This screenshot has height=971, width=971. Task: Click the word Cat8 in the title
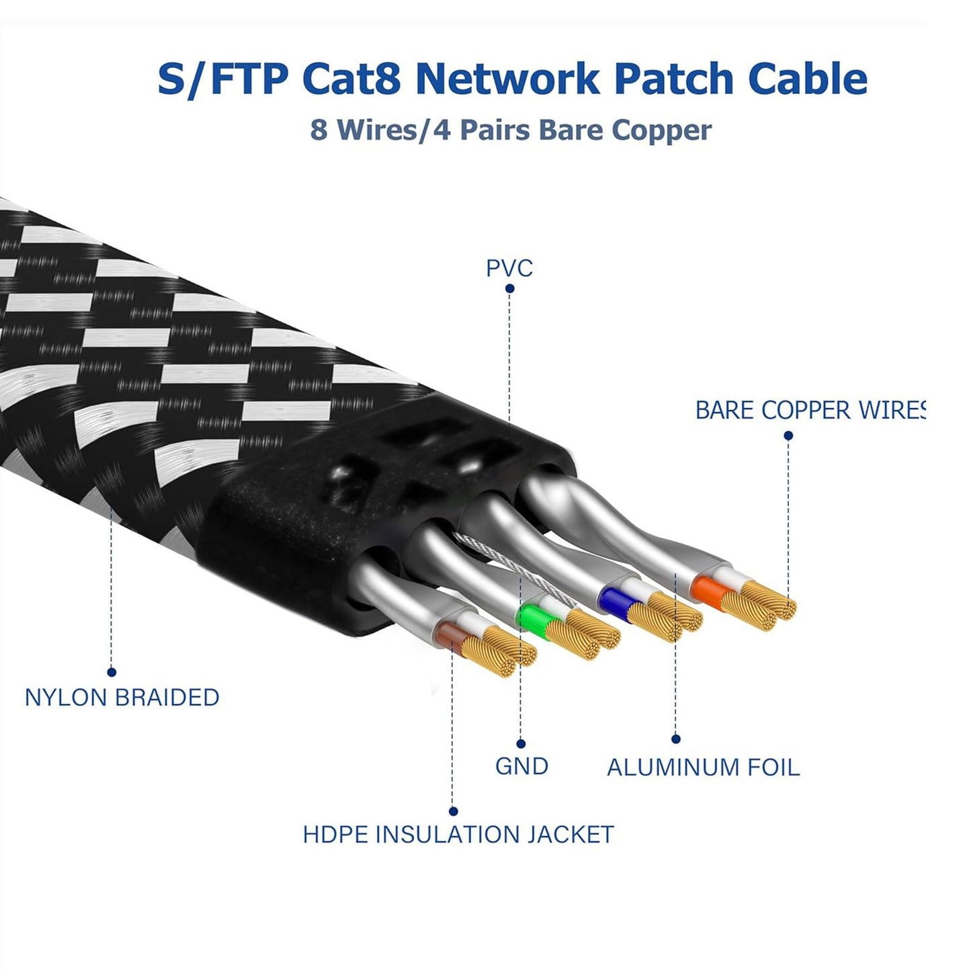351,79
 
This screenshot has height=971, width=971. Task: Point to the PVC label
509,268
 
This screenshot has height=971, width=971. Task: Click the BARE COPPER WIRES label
810,410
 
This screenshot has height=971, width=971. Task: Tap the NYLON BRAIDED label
122,698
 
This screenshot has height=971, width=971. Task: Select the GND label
521,766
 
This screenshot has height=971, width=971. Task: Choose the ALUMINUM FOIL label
703,767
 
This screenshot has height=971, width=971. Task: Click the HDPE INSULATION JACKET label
458,835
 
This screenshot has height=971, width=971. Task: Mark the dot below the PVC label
509,289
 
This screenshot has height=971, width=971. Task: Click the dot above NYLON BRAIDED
112,672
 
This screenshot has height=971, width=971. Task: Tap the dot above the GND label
521,743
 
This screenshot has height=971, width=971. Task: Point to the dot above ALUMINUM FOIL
676,739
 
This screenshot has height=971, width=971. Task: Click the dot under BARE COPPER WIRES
788,435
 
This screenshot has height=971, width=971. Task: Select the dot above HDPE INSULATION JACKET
453,811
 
